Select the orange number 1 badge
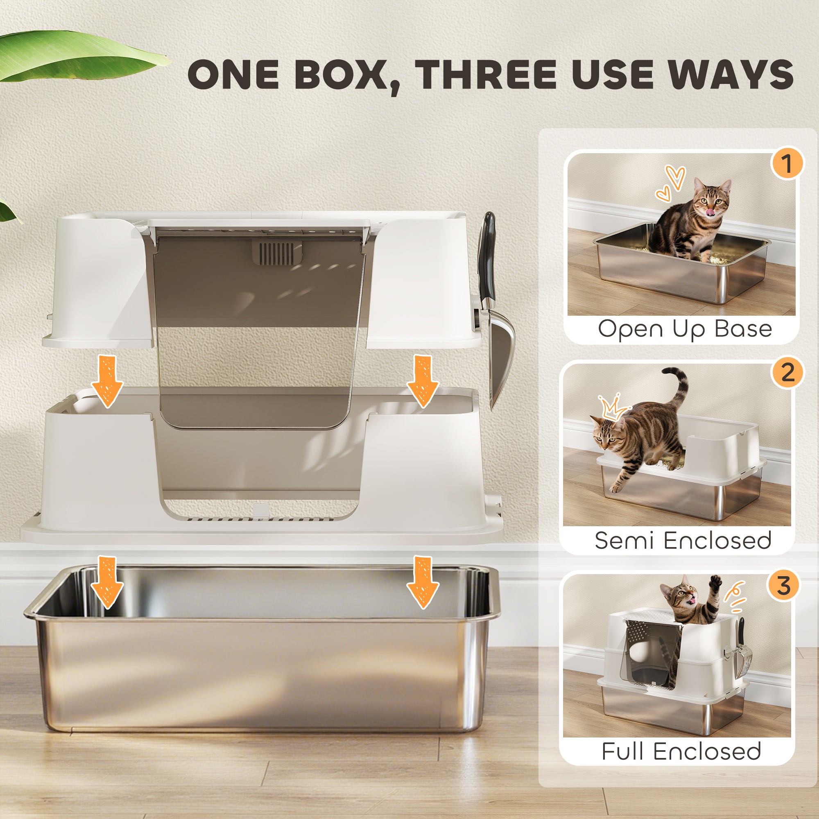(787, 164)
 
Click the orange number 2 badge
(787, 373)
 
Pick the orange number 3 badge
(783, 586)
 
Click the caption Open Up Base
(685, 328)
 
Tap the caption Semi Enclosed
(683, 540)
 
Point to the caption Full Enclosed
(681, 751)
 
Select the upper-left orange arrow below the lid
(107, 380)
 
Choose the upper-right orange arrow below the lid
(422, 380)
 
